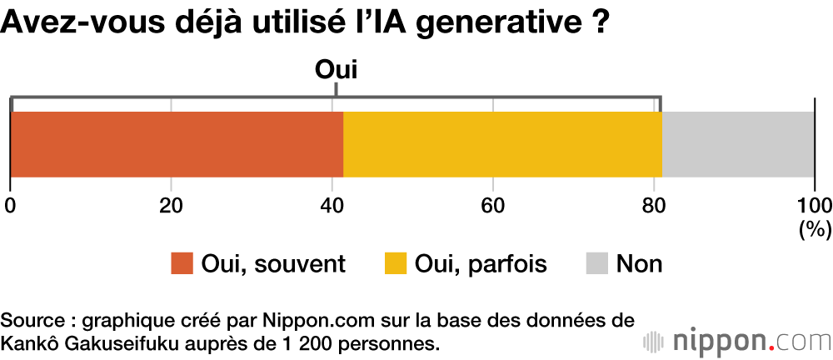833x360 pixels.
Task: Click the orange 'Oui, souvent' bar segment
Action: click(x=177, y=144)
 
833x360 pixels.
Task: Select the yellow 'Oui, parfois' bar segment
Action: click(x=502, y=144)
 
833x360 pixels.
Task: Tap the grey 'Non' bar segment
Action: click(x=738, y=144)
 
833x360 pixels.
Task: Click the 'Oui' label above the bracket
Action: click(x=336, y=70)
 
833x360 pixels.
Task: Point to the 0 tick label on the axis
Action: click(x=10, y=205)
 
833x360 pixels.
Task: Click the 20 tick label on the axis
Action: click(x=171, y=205)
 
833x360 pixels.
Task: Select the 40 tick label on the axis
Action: click(x=332, y=205)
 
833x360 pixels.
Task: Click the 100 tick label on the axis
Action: click(x=814, y=205)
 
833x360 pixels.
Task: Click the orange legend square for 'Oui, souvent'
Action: click(x=182, y=264)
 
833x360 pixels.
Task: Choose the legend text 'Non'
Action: click(x=639, y=264)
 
